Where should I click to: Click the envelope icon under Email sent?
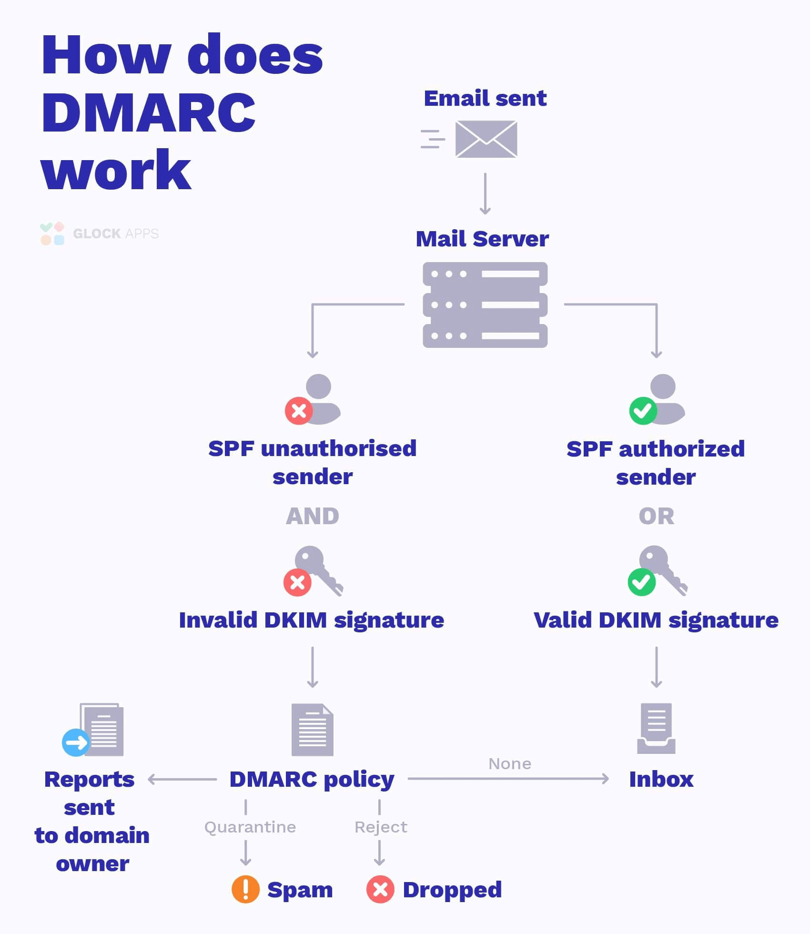click(486, 139)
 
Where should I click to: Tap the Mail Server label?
click(482, 239)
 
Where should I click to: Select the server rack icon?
click(485, 305)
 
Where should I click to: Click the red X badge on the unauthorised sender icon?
click(299, 411)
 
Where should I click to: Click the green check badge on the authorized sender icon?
click(643, 411)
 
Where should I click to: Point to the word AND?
click(313, 516)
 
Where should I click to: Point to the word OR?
click(656, 516)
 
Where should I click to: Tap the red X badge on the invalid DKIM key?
click(297, 582)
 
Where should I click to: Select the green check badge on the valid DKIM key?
click(642, 582)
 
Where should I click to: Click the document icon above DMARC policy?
click(313, 730)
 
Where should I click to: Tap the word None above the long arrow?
click(510, 764)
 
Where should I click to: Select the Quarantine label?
click(250, 827)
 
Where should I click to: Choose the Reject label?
click(381, 827)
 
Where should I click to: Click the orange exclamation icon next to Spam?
click(245, 889)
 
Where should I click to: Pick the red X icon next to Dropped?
click(380, 889)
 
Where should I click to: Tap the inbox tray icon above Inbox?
click(656, 729)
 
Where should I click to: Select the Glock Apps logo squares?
click(52, 233)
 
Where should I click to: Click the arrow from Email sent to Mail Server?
click(485, 193)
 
